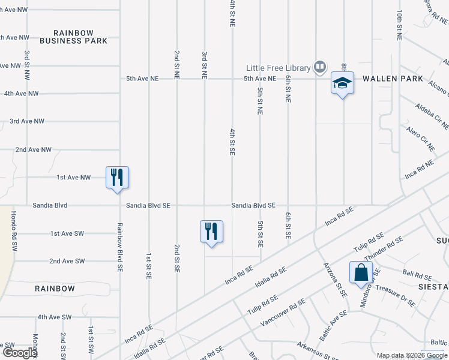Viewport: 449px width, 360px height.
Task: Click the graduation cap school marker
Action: tap(342, 83)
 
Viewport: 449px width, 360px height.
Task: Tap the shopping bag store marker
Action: tap(361, 272)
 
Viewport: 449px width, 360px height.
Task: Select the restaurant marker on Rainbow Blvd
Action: tap(118, 177)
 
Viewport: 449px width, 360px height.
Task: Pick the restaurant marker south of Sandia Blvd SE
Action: tap(211, 231)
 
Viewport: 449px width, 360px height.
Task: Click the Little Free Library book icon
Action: tap(320, 67)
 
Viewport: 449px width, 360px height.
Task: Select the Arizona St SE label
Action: tap(335, 280)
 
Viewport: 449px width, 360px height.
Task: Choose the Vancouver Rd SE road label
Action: tap(279, 314)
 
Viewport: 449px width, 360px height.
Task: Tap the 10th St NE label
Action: tap(399, 25)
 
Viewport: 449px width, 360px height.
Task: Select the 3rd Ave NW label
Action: tap(27, 121)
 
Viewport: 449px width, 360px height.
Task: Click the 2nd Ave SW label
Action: tap(67, 261)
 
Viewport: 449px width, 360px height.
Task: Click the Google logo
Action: tap(19, 353)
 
